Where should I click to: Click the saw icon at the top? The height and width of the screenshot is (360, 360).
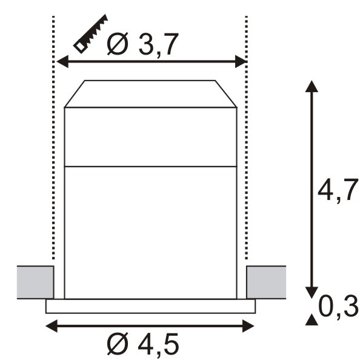point(91,34)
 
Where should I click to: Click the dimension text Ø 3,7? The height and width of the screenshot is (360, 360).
point(142,44)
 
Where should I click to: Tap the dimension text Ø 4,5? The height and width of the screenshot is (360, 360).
point(142,344)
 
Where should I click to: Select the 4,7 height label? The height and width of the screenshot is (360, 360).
point(338,190)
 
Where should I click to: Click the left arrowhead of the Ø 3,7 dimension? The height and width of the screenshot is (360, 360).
point(62,62)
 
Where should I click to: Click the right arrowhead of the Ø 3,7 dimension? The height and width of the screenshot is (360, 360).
point(241,62)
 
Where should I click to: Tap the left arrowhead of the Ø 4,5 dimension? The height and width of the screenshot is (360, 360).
point(52,326)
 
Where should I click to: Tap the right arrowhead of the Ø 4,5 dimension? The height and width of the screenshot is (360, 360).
point(248,326)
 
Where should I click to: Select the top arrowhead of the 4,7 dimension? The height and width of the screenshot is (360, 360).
point(312,86)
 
